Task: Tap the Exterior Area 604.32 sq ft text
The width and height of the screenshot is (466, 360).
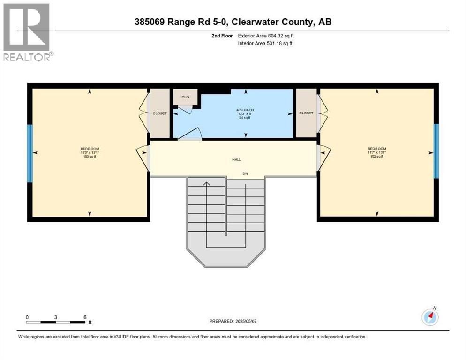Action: click(x=266, y=36)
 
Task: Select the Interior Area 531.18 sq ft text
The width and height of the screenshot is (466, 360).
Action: click(x=265, y=44)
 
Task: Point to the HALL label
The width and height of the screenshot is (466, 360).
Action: click(x=236, y=160)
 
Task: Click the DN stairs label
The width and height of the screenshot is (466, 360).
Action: click(x=245, y=174)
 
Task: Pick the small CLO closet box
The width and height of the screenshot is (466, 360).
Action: click(x=185, y=97)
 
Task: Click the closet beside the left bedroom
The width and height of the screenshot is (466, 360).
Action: click(x=159, y=113)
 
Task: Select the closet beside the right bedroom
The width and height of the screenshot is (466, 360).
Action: click(x=306, y=113)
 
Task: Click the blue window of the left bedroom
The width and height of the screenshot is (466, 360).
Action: click(x=30, y=153)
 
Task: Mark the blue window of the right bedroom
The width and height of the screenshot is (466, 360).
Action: click(x=436, y=151)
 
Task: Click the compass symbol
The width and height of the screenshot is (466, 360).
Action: click(x=429, y=317)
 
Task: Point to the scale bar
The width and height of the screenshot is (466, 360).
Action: click(x=56, y=322)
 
